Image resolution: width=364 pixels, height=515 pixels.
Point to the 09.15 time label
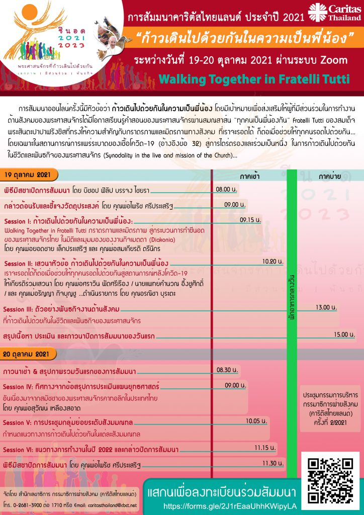[250, 219]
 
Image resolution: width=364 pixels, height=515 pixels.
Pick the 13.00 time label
[326, 307]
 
